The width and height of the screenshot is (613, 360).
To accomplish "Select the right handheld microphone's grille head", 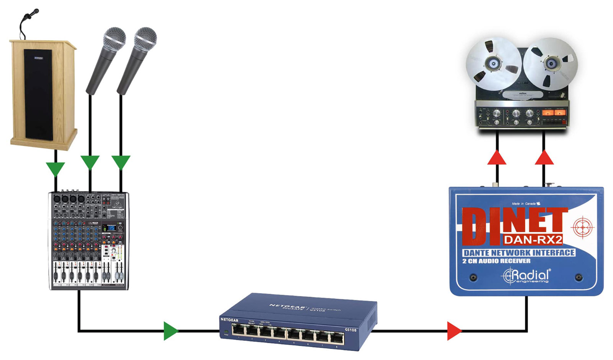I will [x=146, y=39].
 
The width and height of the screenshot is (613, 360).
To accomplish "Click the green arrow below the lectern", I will [x=56, y=169].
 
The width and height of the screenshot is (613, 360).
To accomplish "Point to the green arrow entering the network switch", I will [x=170, y=331].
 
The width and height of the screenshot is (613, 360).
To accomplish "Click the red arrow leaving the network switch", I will [x=454, y=331].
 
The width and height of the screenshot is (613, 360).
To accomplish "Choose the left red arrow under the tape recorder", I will [x=497, y=158].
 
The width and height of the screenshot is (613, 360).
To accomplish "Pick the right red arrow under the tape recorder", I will [x=544, y=158].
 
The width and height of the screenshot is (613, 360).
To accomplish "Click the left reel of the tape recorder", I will [x=493, y=64].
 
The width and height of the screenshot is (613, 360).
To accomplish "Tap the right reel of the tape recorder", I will [x=551, y=63].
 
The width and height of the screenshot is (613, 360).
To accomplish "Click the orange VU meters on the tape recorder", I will [x=554, y=113].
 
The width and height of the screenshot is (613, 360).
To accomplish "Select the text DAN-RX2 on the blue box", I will [x=533, y=240].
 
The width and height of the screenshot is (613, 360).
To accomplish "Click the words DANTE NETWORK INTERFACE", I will [x=519, y=253].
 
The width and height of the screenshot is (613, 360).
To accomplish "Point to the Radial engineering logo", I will [x=527, y=276].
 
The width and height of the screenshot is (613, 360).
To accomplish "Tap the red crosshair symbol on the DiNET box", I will [x=582, y=227].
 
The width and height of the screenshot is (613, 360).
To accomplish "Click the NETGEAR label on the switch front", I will [x=229, y=320].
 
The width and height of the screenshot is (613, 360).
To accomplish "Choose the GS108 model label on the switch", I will [x=351, y=330].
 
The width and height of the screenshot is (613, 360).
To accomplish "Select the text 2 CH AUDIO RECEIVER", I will [x=497, y=261].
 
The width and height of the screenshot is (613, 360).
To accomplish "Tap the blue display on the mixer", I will [x=111, y=228].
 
